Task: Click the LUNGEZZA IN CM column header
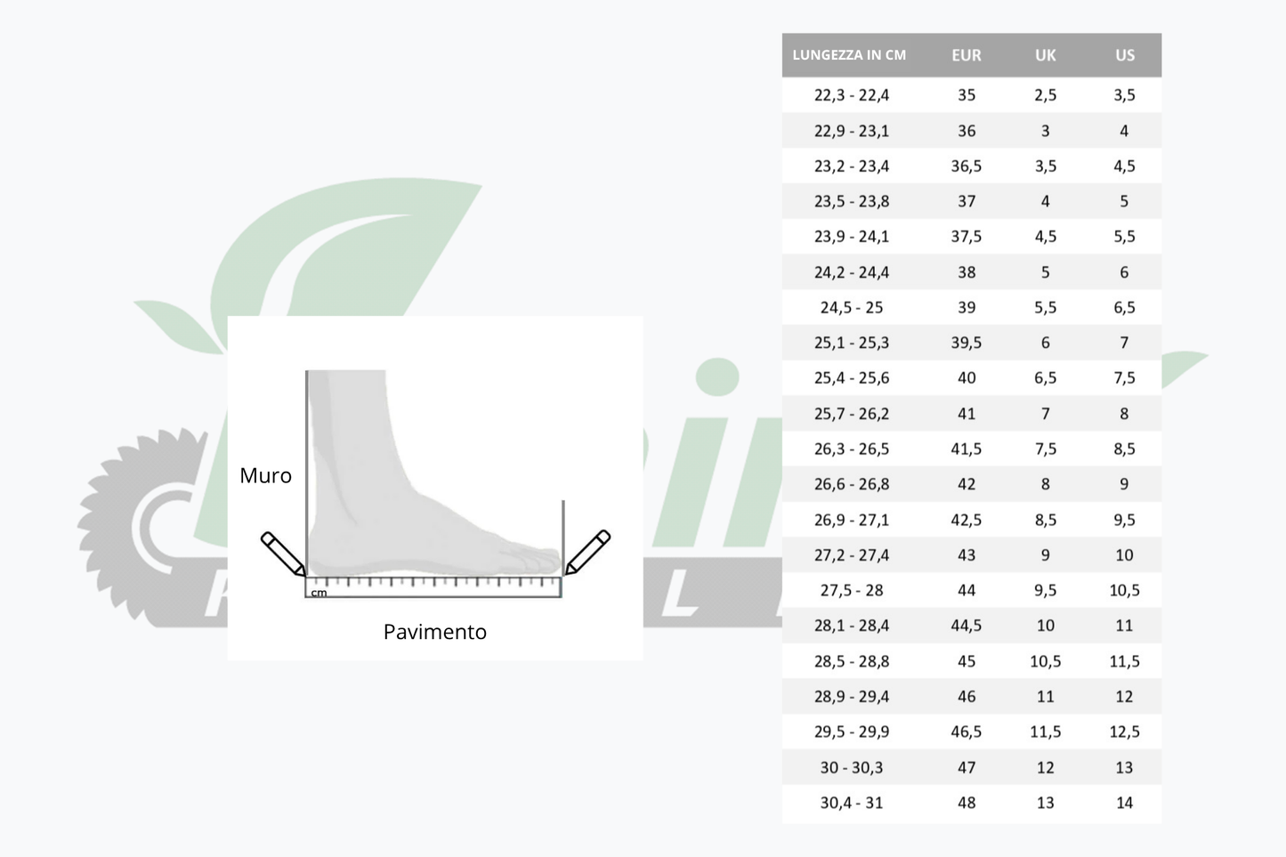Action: (x=848, y=55)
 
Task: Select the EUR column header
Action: (x=967, y=55)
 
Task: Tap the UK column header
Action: (x=1045, y=55)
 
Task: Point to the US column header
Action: (x=1125, y=55)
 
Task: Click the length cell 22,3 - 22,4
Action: (x=852, y=94)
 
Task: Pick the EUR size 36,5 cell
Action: (x=967, y=166)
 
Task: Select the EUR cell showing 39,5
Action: (x=967, y=343)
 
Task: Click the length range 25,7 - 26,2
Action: (x=852, y=413)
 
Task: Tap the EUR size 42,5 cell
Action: (x=967, y=520)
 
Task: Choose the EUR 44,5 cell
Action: (x=967, y=625)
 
